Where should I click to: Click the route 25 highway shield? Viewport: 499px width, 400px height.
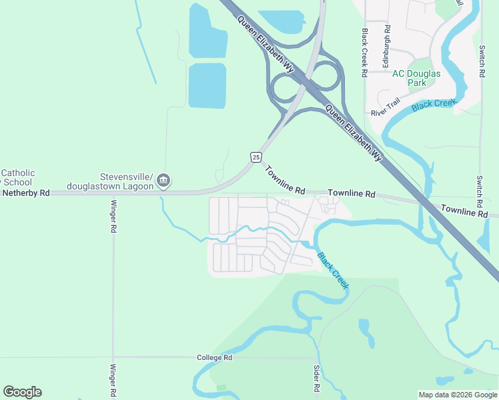pos(256,157)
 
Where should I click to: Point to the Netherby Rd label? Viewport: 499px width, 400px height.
pos(26,193)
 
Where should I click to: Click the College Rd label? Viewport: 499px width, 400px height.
pos(214,358)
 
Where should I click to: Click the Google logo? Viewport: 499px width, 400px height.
pos(22,392)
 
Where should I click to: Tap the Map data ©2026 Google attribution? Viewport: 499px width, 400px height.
pos(458,395)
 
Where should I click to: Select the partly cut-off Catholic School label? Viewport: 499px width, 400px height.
pos(17,177)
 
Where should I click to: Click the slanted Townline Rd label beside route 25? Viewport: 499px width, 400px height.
pos(285,180)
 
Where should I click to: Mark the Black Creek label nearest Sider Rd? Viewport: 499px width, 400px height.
pos(332,269)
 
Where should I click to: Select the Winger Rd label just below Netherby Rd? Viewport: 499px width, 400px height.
pos(113,216)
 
